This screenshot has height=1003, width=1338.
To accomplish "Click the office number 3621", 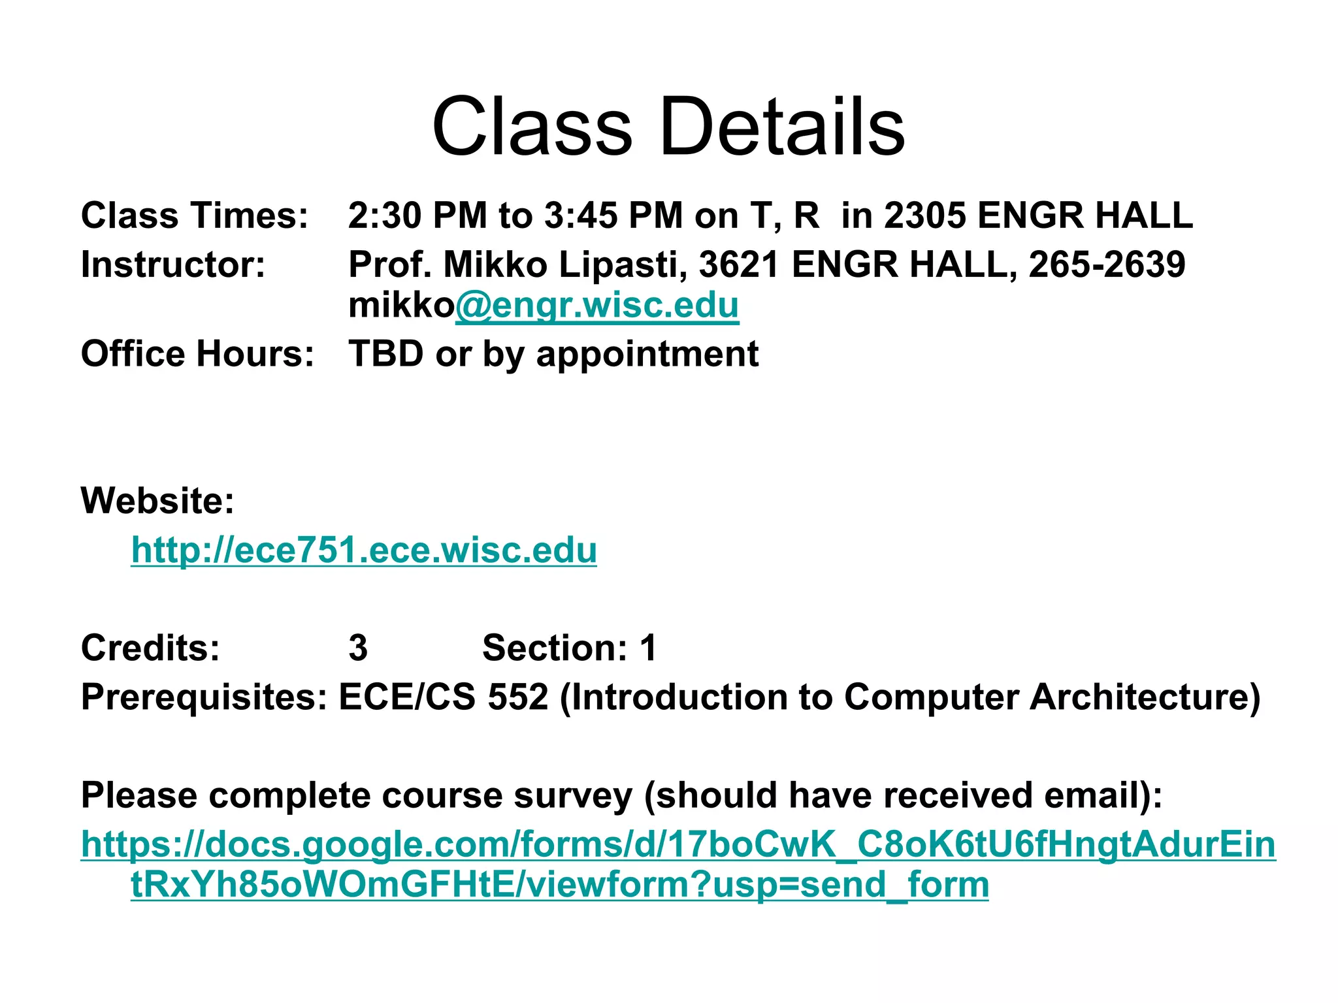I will coord(739,264).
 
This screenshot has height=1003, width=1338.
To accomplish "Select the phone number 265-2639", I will coord(1107,264).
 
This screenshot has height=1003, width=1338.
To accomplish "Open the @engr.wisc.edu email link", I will coord(596,305).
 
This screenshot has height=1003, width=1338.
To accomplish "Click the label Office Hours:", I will coord(197,353).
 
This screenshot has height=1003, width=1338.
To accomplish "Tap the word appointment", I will coord(647,355).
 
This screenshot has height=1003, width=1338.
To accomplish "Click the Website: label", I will coord(157,500).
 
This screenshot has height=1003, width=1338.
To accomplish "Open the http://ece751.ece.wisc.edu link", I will coord(364,550).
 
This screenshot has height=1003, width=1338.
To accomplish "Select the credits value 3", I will coord(358,648).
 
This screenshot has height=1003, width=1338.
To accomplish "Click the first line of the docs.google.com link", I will coord(678,844).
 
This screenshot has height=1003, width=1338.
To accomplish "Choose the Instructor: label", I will coord(173,264).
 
